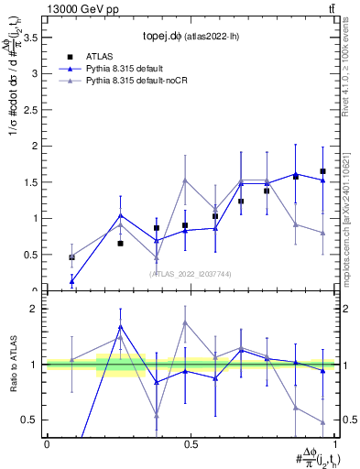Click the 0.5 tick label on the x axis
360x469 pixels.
pyautogui.click(x=191, y=444)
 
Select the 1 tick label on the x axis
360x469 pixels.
pyautogui.click(x=334, y=444)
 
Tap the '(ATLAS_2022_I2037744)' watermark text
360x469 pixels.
pyautogui.click(x=191, y=274)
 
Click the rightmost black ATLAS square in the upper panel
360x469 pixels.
pyautogui.click(x=322, y=171)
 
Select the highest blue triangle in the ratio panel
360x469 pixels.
pyautogui.click(x=121, y=326)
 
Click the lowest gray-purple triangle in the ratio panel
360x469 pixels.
pyautogui.click(x=322, y=422)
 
